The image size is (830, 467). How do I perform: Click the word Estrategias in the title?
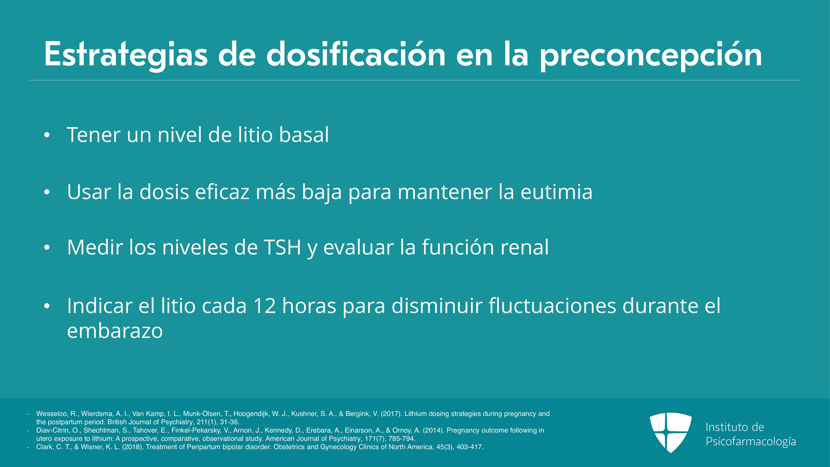126,55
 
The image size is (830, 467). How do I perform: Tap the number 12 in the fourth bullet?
264,306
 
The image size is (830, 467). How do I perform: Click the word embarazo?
115,331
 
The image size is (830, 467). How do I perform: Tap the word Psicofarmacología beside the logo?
751,441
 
